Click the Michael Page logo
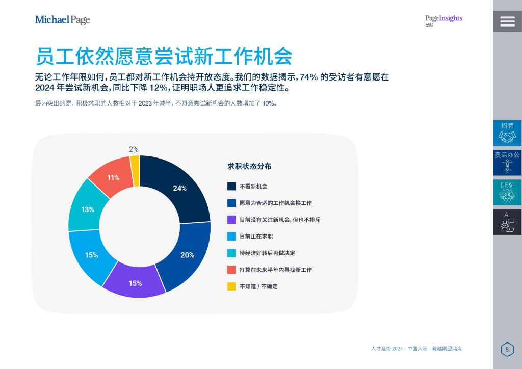(62, 20)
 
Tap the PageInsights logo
(443, 20)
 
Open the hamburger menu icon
(507, 21)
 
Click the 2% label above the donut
(134, 149)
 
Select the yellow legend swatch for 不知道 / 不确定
(231, 286)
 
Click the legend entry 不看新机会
(253, 187)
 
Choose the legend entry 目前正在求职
(256, 236)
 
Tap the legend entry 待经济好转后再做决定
(267, 253)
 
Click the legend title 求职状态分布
(249, 166)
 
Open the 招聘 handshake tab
(507, 133)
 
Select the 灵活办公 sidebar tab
(507, 163)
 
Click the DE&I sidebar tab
(507, 192)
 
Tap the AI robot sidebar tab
(507, 222)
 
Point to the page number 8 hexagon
(507, 349)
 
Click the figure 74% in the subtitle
(308, 77)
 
